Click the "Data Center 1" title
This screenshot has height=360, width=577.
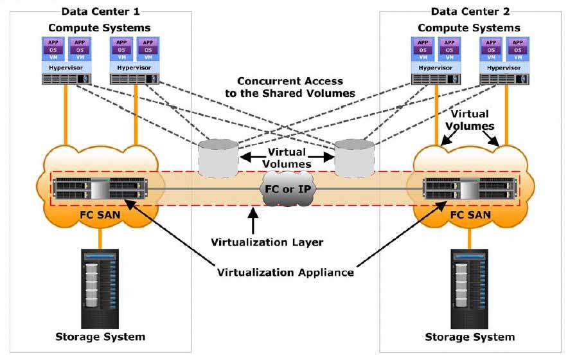(x=100, y=12)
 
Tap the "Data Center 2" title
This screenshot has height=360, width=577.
(x=470, y=12)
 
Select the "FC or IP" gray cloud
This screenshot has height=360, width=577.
(x=288, y=189)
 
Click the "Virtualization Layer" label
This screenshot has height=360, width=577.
(x=267, y=242)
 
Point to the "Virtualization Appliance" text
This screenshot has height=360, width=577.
(x=285, y=273)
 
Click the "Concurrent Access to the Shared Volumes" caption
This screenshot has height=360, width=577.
(x=290, y=87)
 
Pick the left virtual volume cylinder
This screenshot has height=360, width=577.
(x=218, y=158)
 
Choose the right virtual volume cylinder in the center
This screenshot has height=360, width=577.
(x=355, y=158)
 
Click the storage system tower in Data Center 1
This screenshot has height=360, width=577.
(x=100, y=289)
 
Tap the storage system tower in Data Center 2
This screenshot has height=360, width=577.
(x=470, y=289)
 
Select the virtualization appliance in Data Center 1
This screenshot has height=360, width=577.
(x=100, y=188)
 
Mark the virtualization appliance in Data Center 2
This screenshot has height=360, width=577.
(x=470, y=188)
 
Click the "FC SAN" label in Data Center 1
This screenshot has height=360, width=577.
(x=100, y=215)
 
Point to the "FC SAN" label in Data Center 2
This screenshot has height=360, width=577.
(x=470, y=215)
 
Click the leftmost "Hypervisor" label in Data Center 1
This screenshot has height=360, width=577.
(x=66, y=67)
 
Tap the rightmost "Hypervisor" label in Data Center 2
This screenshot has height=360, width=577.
(x=504, y=67)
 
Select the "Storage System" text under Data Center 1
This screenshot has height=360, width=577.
(x=100, y=337)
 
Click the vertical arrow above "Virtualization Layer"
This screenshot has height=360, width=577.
(x=253, y=221)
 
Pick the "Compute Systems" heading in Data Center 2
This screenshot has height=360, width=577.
(x=469, y=28)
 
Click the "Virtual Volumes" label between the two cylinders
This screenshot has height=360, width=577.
(x=287, y=158)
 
